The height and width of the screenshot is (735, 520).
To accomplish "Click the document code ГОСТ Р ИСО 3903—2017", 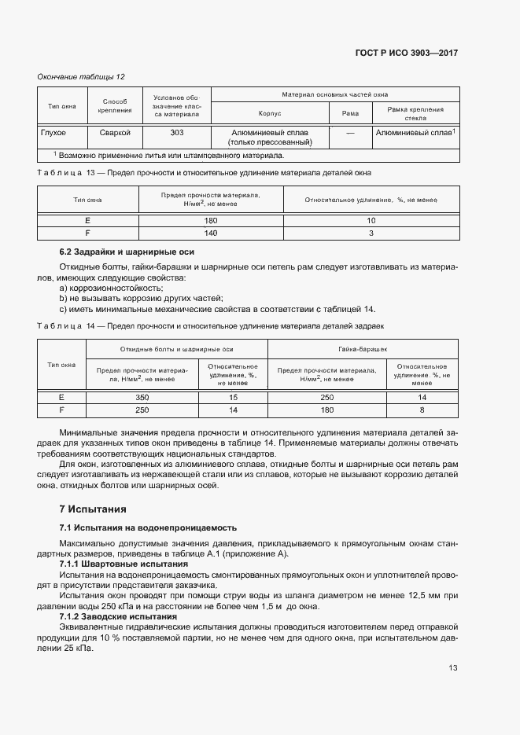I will click(408, 53).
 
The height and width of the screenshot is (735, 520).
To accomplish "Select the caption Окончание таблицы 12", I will click(81, 76).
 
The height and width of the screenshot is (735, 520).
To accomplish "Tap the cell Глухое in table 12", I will click(53, 133).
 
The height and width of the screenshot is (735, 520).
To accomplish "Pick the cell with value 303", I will click(177, 133).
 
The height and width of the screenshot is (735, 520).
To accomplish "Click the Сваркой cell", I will click(115, 133).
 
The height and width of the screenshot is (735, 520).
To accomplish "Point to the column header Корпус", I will click(270, 114).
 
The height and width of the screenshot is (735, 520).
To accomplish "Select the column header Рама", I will click(350, 114).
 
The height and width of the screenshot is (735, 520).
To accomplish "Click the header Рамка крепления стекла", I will click(416, 114).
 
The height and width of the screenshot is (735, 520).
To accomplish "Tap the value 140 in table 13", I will click(211, 233).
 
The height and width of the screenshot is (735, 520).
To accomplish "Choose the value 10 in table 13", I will click(371, 221).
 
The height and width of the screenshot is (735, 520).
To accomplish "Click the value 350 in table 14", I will click(142, 398).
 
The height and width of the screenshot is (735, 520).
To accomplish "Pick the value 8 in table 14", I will click(422, 410).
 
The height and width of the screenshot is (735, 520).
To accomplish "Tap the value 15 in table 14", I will click(233, 398).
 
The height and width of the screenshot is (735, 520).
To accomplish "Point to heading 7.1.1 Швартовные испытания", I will click(124, 564).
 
